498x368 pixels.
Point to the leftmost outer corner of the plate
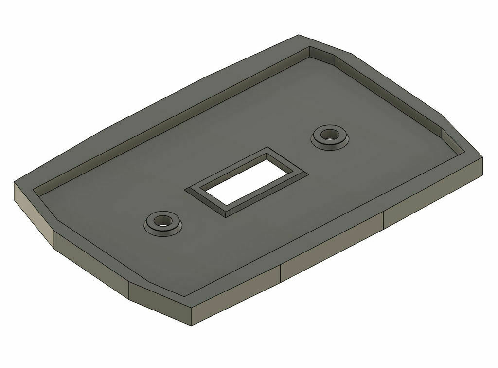(14, 183)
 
